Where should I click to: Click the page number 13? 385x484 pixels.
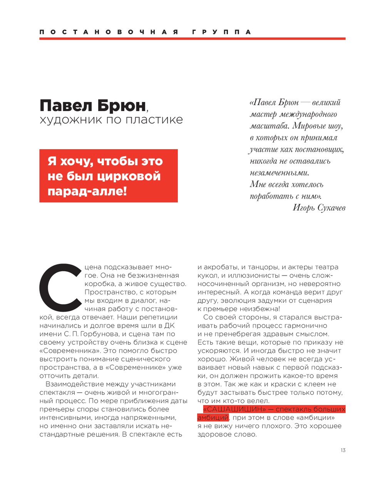(x=343, y=450)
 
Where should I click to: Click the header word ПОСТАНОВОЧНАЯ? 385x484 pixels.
(x=109, y=32)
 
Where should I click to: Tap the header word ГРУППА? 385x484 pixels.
(x=221, y=32)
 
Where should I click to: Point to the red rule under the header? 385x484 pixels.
(x=192, y=39)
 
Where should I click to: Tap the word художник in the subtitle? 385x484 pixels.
(x=70, y=120)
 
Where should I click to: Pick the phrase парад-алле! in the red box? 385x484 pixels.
(x=87, y=191)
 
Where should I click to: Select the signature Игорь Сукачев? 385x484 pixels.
(x=319, y=208)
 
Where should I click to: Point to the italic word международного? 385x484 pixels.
(x=308, y=114)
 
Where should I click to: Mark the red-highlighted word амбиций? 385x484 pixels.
(x=213, y=418)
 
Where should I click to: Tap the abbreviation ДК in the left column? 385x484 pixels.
(x=169, y=326)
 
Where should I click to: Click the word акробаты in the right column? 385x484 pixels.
(x=221, y=267)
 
